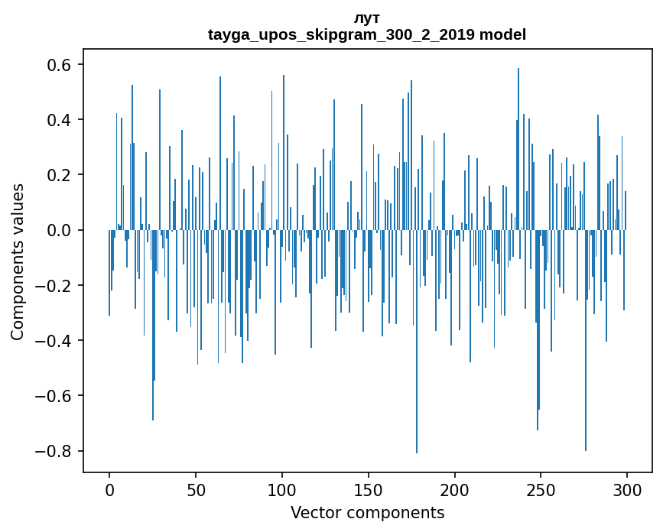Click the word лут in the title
click(367, 18)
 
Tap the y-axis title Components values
click(18, 261)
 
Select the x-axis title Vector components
click(367, 513)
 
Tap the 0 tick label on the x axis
click(109, 488)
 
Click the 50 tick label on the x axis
click(196, 488)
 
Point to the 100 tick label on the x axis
click(282, 488)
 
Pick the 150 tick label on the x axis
click(369, 488)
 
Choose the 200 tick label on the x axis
click(455, 488)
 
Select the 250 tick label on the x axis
click(541, 488)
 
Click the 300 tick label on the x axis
click(627, 488)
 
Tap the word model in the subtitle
click(509, 35)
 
